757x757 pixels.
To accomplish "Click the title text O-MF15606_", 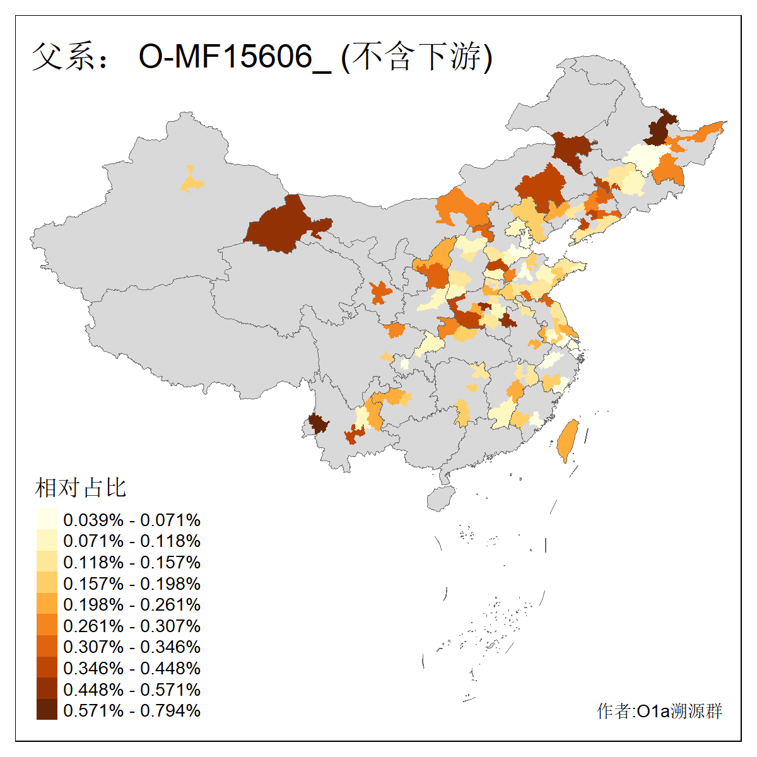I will point(234,57).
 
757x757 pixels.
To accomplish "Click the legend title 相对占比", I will point(81,488).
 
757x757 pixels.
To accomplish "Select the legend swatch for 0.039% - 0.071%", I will point(47,520).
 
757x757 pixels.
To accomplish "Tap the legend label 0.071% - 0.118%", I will point(132,541).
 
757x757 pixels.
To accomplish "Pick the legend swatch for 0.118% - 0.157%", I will point(47,562).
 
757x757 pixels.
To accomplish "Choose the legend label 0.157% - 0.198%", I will point(132,584).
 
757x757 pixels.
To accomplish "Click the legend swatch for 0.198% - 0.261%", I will point(47,604).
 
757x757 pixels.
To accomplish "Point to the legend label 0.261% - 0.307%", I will point(132,626).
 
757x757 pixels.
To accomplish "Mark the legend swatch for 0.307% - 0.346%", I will point(47,647).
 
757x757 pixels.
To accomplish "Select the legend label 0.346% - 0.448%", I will point(132,668).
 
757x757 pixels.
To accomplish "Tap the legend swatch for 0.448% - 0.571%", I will point(47,689).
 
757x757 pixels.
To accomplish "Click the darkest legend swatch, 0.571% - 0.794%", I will point(47,710).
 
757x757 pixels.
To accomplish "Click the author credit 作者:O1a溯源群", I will point(659,711).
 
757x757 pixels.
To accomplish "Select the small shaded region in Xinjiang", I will point(191,182).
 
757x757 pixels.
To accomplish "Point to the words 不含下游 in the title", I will point(417,57).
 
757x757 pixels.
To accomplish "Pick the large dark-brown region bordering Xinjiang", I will point(281,226).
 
